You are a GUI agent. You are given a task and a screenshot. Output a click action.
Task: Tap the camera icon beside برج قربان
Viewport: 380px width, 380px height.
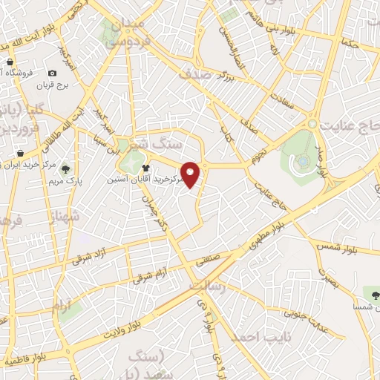pyautogui.click(x=52, y=73)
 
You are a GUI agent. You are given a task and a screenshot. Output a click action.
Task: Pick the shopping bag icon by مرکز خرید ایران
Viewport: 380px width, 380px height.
pyautogui.click(x=13, y=157)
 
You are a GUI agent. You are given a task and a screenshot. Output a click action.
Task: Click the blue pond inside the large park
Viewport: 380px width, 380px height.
pyautogui.click(x=304, y=161)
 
